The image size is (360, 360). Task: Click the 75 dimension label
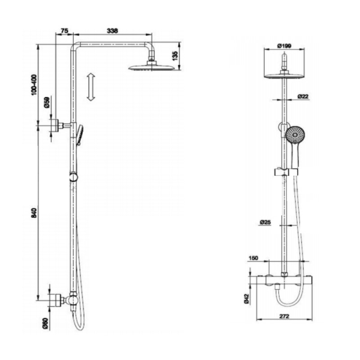[64, 31]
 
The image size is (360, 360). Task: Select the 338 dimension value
[112, 31]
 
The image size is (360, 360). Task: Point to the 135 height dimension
[175, 56]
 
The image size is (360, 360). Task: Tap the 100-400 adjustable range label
[33, 85]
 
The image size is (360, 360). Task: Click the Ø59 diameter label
[47, 103]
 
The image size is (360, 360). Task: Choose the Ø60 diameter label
[45, 324]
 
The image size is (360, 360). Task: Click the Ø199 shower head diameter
[284, 46]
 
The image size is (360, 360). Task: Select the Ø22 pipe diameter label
[303, 96]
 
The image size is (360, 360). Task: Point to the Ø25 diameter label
[265, 222]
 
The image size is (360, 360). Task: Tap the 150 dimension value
[253, 258]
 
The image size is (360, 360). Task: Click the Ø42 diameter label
[246, 299]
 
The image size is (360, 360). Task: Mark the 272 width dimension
[284, 316]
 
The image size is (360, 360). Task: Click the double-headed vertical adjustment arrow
[91, 87]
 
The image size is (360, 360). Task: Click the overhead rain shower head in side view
[152, 67]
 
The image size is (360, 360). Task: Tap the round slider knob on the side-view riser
[73, 177]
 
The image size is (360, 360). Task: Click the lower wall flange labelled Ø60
[57, 300]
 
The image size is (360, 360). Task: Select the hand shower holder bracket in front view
[286, 172]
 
